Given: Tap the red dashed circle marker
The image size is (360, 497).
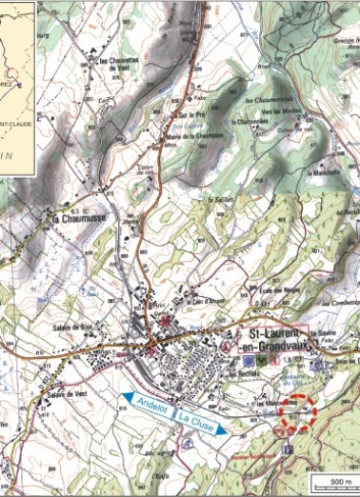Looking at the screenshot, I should [297, 413].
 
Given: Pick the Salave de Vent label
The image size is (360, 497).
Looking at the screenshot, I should [54, 403].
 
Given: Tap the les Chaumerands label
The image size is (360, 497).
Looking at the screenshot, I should [266, 101].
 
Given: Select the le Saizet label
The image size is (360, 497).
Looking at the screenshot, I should [220, 201].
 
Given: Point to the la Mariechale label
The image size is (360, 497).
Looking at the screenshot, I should [325, 173].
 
